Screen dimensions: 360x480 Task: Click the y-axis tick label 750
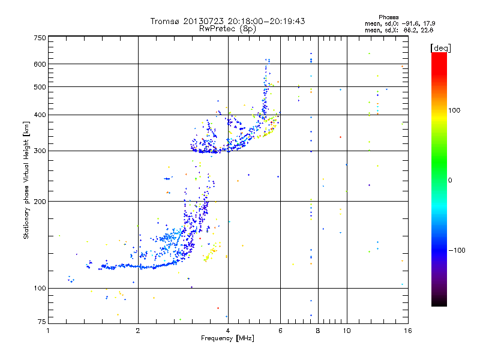(40, 37)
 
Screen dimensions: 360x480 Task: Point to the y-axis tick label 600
(40, 64)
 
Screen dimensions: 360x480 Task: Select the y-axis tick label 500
(40, 87)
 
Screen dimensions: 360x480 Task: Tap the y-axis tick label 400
(40, 115)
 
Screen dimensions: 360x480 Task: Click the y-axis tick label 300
(40, 151)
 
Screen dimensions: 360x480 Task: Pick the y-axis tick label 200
(40, 202)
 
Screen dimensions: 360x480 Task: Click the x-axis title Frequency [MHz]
(227, 339)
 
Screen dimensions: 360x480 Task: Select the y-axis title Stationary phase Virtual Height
(26, 179)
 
